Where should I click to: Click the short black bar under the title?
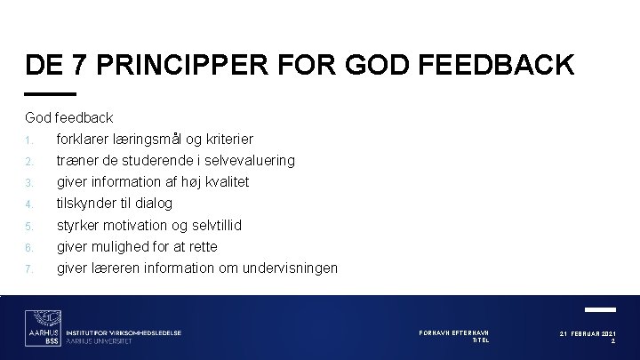tap(51, 93)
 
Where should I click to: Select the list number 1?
tap(29, 140)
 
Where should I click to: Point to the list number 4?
tap(29, 204)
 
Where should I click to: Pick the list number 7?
tap(29, 268)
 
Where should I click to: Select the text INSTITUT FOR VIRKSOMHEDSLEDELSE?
tap(125, 332)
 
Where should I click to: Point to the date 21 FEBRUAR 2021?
tap(588, 333)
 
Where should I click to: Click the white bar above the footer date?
tap(601, 309)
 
